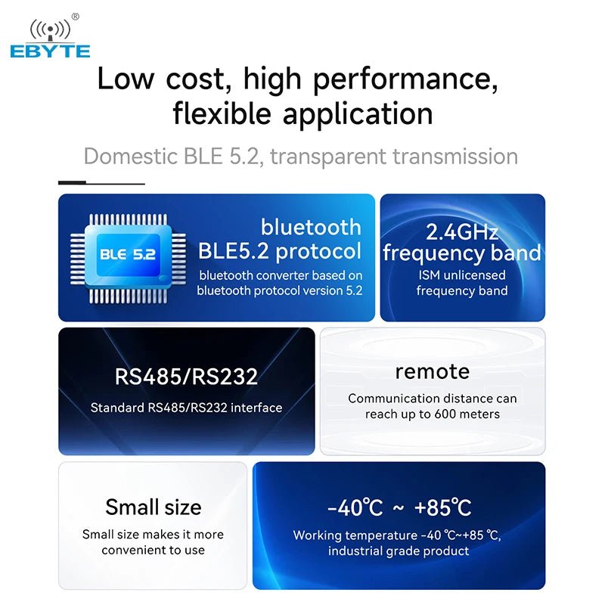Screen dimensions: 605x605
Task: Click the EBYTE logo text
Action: [x=50, y=51]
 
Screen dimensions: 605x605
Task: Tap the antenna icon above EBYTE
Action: [x=50, y=30]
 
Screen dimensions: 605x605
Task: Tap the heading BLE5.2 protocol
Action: [x=280, y=251]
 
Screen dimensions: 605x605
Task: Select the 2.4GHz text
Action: [x=462, y=231]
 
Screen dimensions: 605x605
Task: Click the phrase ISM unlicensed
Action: [x=462, y=275]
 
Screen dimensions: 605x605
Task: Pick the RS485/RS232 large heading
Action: [x=186, y=376]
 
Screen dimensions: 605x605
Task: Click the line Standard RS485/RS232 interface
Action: [x=186, y=408]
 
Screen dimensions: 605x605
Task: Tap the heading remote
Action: [x=433, y=371]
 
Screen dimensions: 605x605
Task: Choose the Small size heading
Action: [x=154, y=507]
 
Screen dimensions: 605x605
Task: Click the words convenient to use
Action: [x=154, y=550]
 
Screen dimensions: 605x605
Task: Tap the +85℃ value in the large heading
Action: [x=442, y=508]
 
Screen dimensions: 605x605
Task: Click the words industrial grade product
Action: [x=399, y=551]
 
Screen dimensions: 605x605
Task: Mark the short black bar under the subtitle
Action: [x=73, y=183]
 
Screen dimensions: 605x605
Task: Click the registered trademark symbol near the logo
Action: [x=75, y=16]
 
